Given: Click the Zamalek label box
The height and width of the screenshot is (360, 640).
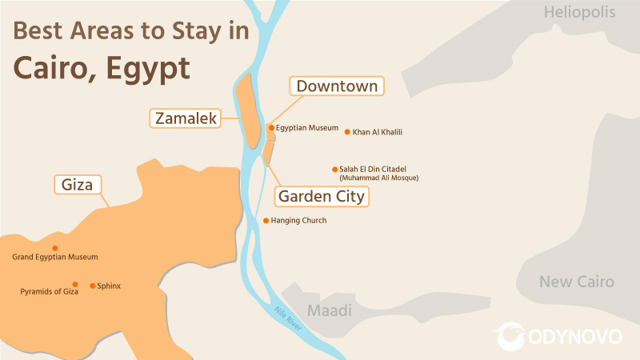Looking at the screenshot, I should point(186,119).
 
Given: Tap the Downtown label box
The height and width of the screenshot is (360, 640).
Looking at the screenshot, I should point(337,86).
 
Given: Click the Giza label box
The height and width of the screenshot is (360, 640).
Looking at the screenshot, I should point(78,185).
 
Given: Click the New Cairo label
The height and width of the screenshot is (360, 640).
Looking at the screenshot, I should point(576,282).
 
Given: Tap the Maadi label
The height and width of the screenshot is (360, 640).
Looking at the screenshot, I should point(330,310).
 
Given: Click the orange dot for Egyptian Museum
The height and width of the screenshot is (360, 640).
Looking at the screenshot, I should point(272,127).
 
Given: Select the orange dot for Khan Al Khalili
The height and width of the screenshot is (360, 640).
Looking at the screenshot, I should point(347,132).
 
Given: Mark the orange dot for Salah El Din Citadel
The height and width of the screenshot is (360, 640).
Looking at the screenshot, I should point(334,169).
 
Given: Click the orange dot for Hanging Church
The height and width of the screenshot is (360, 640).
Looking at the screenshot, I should point(266,221).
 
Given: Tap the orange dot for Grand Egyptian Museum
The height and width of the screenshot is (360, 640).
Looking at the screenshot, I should point(54,248).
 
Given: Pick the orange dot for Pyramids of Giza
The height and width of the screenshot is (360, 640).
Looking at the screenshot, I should point(74,284).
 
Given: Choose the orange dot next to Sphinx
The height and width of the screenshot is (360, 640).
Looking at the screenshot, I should point(93,286).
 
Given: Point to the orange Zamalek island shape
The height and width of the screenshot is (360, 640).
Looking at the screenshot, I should point(250,112).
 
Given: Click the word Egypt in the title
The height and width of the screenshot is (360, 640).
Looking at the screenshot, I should point(146,67).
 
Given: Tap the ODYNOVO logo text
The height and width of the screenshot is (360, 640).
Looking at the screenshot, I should point(576,337).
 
